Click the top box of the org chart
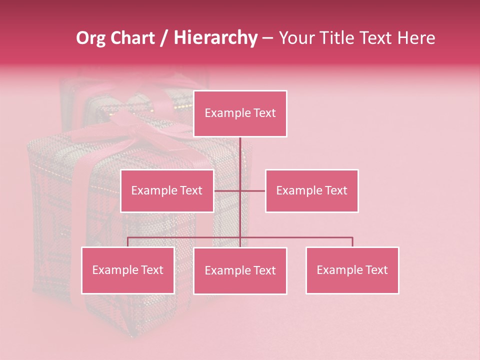(x=240, y=113)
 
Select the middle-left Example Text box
(x=167, y=190)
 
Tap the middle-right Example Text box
(x=311, y=190)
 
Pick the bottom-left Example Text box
(x=127, y=270)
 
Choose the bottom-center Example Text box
(x=240, y=270)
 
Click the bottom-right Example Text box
(x=352, y=270)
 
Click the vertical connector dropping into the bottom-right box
(x=352, y=242)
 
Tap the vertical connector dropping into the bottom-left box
(x=127, y=242)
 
